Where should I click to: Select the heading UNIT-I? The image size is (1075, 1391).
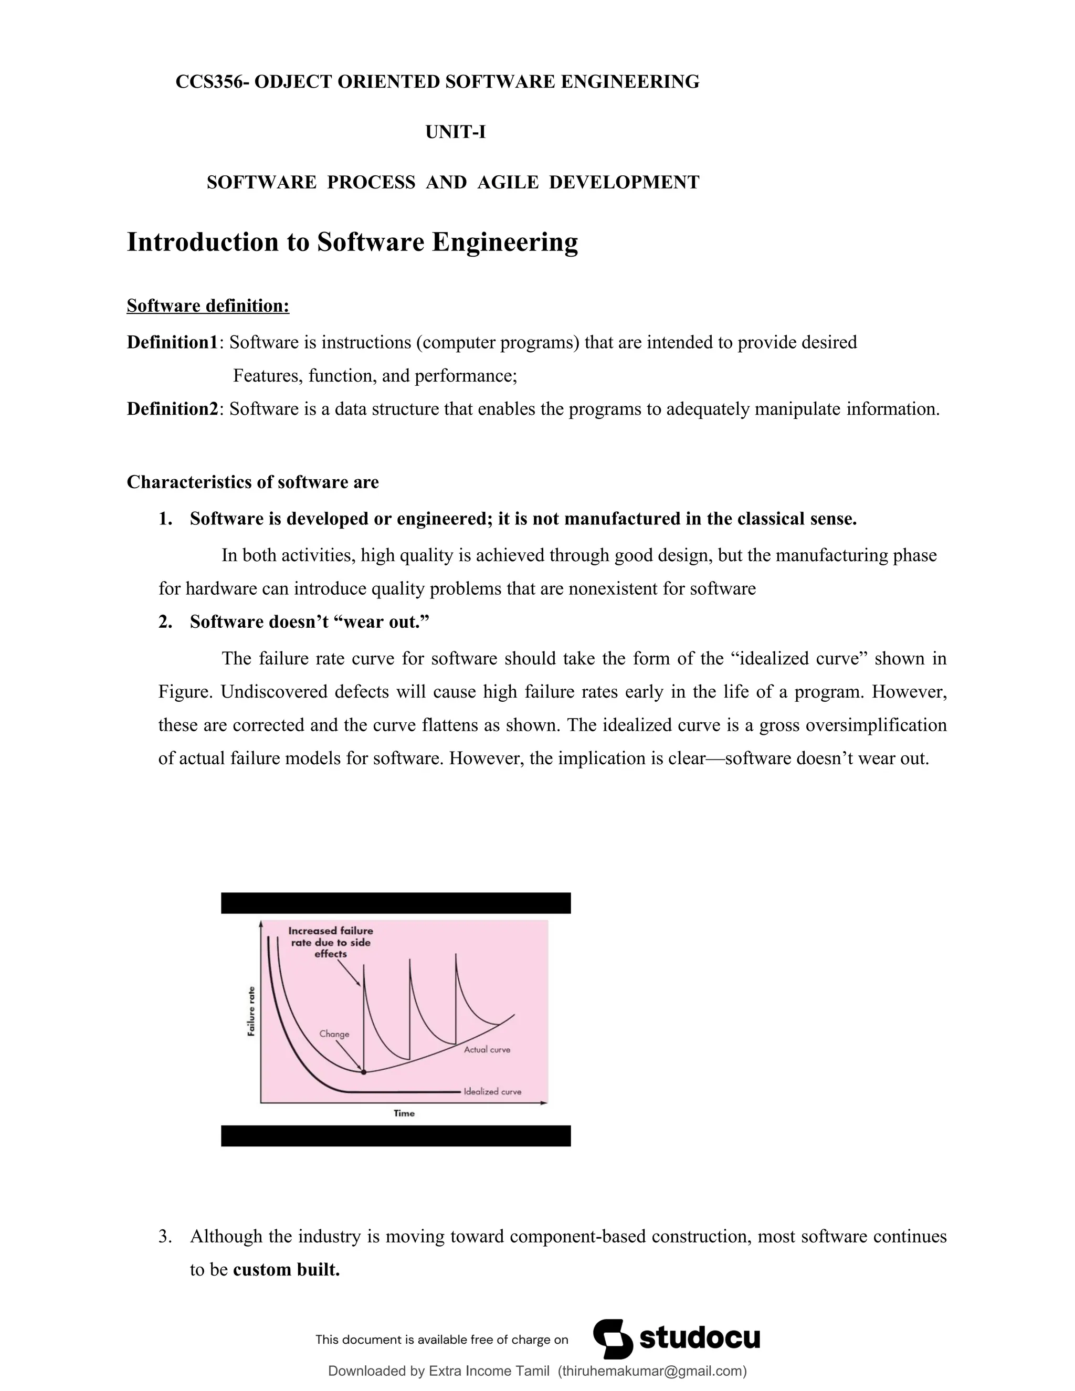(x=455, y=132)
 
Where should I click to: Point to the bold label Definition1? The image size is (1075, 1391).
(x=172, y=343)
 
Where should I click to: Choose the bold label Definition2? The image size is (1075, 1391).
(x=172, y=409)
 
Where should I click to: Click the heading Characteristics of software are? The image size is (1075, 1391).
(x=252, y=482)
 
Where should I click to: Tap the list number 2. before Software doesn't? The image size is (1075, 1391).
(x=165, y=621)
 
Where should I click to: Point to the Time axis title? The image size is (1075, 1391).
(x=404, y=1113)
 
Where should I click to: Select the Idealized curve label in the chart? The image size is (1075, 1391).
(x=492, y=1091)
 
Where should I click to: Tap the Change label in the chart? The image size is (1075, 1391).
(x=334, y=1034)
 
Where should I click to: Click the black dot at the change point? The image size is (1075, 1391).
(x=364, y=1072)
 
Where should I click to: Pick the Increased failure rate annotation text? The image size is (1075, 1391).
(x=331, y=942)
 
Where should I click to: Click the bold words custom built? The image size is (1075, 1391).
(x=286, y=1269)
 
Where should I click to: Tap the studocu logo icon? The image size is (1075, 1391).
(x=613, y=1339)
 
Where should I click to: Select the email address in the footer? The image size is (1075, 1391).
(x=651, y=1371)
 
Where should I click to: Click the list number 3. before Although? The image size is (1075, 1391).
(x=165, y=1236)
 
